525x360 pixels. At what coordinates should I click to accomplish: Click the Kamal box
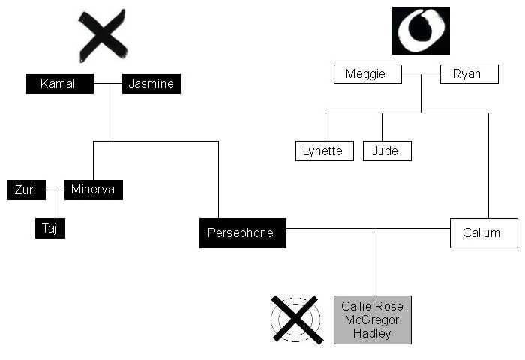[59, 83]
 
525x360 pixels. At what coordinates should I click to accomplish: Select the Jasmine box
[151, 83]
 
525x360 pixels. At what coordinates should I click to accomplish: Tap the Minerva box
[93, 190]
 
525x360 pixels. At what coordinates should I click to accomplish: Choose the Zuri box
[26, 190]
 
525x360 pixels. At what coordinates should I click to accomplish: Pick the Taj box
[49, 229]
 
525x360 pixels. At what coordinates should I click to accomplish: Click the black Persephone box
[242, 232]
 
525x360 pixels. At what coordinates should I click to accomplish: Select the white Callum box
[484, 232]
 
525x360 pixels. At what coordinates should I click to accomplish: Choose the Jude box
[387, 151]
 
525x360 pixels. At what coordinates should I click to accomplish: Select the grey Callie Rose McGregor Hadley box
[372, 319]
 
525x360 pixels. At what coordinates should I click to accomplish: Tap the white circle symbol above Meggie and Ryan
[420, 31]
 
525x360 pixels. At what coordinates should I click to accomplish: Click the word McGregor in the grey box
[372, 319]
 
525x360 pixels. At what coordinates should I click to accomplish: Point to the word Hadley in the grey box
[372, 333]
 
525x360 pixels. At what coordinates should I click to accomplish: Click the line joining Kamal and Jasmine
[108, 83]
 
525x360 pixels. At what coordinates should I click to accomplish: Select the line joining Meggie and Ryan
[421, 74]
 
